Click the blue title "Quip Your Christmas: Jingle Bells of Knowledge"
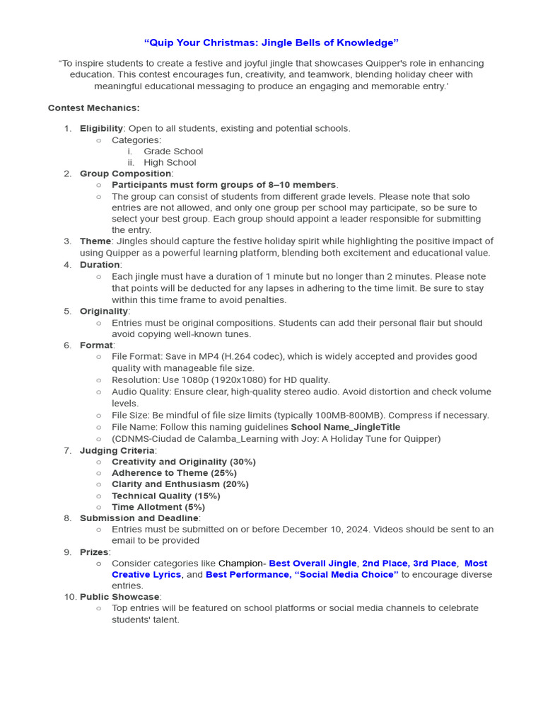tap(271, 43)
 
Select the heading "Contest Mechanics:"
tap(93, 108)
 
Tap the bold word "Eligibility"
tap(101, 128)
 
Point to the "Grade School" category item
tap(173, 151)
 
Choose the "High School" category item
tap(170, 162)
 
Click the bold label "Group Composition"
tap(125, 173)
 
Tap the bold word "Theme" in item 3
tap(95, 241)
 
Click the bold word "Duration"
tap(100, 265)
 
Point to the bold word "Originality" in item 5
tap(103, 311)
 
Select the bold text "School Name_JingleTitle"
tap(345, 427)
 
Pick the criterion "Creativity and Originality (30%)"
tap(183, 462)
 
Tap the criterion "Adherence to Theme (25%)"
tap(174, 473)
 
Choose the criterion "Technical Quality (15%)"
tap(165, 496)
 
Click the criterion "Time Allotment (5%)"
tap(158, 507)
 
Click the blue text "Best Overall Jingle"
tap(313, 564)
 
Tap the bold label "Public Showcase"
tap(119, 597)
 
